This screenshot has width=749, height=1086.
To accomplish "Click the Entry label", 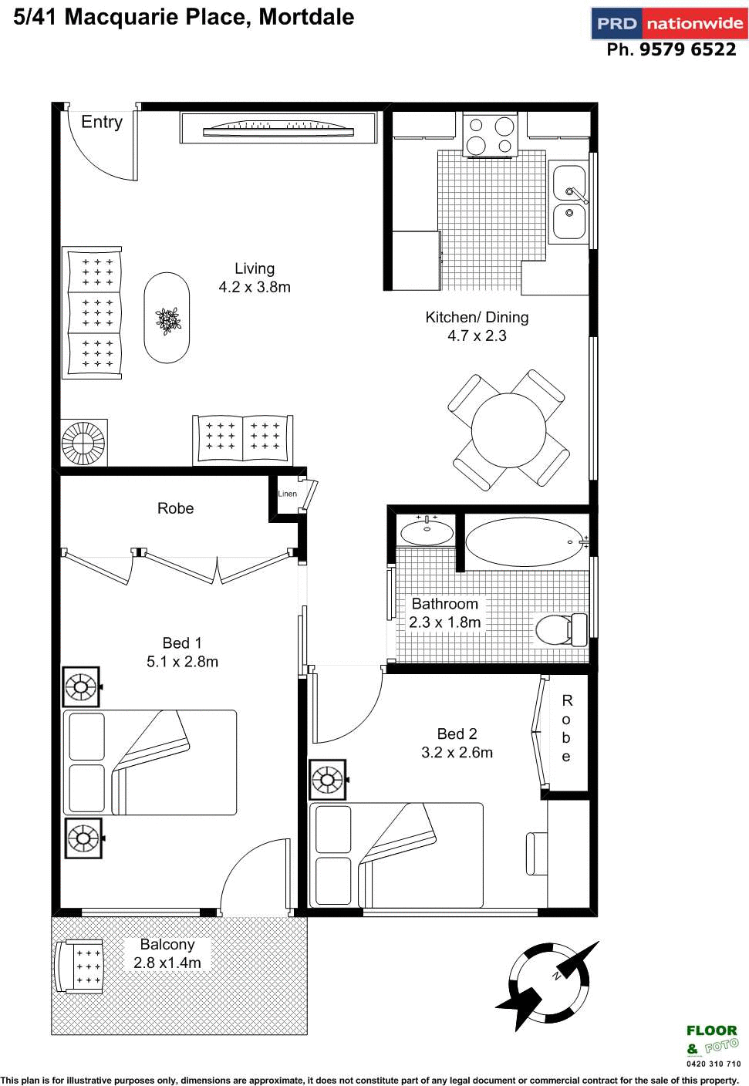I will (x=102, y=122).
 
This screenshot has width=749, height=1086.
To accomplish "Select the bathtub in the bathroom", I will (x=525, y=541).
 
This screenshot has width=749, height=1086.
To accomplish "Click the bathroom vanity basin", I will (x=427, y=532).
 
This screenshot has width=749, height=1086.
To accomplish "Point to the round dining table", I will (x=508, y=430).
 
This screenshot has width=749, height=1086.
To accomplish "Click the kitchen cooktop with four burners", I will (x=491, y=135).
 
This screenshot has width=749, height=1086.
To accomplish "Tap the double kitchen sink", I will (x=569, y=201).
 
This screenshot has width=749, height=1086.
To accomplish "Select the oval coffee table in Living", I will (x=167, y=318).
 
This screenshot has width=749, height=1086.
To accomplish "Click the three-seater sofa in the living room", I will (x=93, y=312).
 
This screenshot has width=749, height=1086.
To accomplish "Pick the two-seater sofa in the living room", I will (x=242, y=438).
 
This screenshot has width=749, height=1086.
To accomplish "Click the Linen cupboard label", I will (x=287, y=494).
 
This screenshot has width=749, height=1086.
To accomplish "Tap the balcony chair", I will (x=79, y=966).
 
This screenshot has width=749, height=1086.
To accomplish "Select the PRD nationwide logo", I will (x=669, y=23).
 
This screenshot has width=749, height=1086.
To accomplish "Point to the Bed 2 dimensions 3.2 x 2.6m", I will (x=457, y=753).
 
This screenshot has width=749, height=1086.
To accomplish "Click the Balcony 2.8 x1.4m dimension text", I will (x=167, y=963).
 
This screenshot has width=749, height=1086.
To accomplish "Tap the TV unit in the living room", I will (x=278, y=128).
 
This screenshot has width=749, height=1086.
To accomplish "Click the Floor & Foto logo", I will (x=712, y=1041).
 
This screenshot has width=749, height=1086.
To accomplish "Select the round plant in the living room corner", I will (x=83, y=443).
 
